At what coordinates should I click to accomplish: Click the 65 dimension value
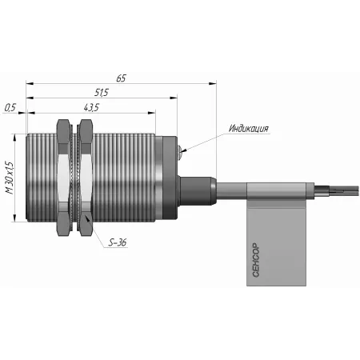(x=121, y=78)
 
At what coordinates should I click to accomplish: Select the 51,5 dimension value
(x=102, y=93)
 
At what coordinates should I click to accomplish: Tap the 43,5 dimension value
(x=91, y=107)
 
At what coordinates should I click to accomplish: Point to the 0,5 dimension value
(x=10, y=107)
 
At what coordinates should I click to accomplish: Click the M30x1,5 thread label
(x=10, y=178)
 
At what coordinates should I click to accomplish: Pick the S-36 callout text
(x=118, y=242)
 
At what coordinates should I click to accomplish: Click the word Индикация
(x=249, y=129)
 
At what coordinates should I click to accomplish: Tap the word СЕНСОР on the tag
(x=256, y=260)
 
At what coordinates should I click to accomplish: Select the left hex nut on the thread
(x=64, y=178)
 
